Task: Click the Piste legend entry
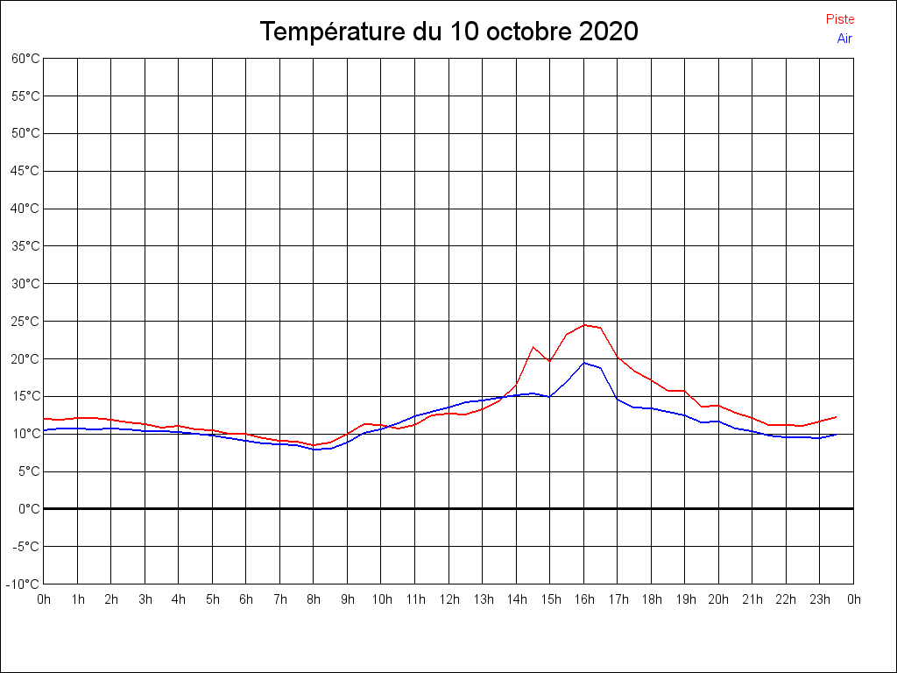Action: pos(840,19)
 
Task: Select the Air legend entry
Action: pos(844,39)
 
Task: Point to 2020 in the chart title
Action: pos(609,32)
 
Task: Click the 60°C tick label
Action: pos(25,59)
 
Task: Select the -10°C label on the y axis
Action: pos(22,584)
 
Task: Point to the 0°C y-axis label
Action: pos(29,509)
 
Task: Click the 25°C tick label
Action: pos(25,322)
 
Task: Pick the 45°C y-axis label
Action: pos(25,171)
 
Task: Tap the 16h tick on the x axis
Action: pos(584,599)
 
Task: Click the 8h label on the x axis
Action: pos(314,599)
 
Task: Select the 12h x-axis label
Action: pos(449,599)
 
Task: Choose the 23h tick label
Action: pos(820,599)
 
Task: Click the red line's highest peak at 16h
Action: pos(584,325)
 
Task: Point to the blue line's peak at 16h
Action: pos(584,363)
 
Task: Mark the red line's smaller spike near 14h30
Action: pos(533,347)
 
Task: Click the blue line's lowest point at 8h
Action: pos(314,450)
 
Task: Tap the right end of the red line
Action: pos(837,416)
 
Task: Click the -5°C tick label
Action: pos(25,547)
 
